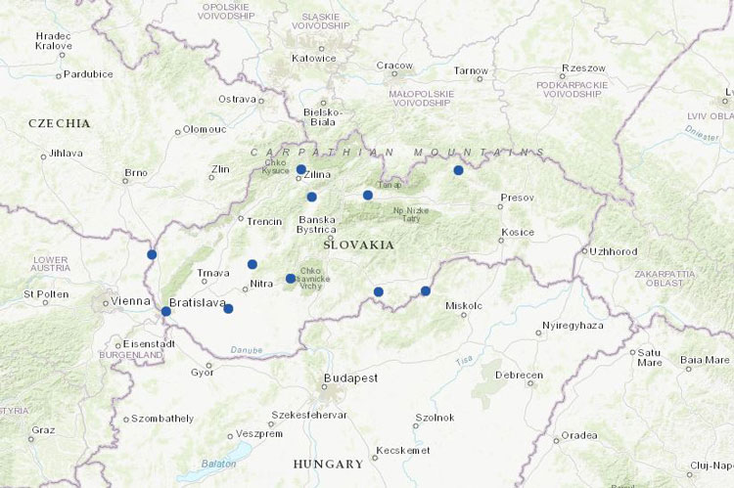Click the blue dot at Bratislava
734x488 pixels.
[165, 311]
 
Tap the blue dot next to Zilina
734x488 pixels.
[300, 169]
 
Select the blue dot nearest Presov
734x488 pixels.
[458, 170]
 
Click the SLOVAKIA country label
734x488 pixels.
[358, 244]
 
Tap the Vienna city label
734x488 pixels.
[130, 301]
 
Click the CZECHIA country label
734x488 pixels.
[60, 123]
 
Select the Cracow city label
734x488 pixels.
[395, 66]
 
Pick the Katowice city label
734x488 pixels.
[314, 58]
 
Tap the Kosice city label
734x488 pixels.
[517, 232]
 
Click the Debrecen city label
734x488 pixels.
[519, 376]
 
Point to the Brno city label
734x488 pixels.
[136, 173]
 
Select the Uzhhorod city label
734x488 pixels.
[614, 251]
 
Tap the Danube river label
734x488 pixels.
[247, 349]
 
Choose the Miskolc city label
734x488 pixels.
[464, 305]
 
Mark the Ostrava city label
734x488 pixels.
[237, 99]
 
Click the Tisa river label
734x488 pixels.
[464, 360]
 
